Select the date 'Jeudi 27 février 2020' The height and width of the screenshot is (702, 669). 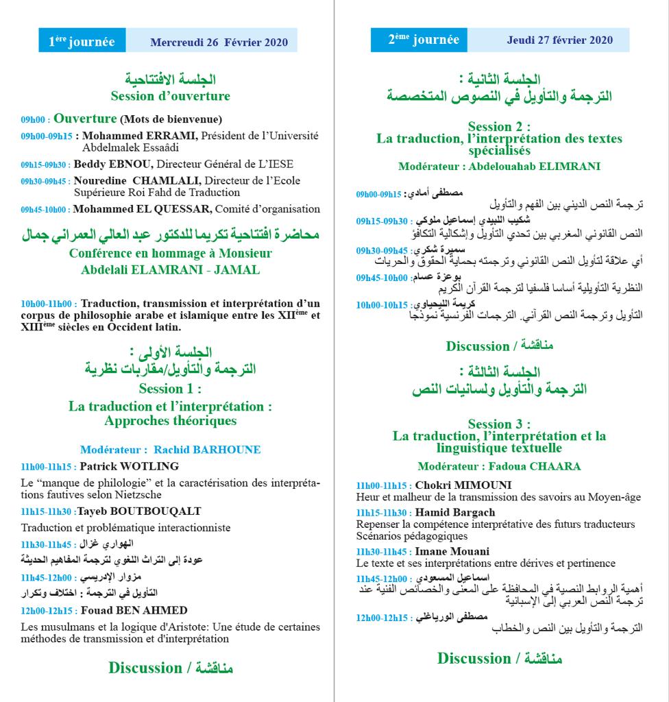point(559,40)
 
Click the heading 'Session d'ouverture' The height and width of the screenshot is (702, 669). point(170,96)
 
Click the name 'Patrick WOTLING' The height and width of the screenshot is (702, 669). point(139,466)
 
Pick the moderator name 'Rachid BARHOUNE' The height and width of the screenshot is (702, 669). point(207,450)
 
